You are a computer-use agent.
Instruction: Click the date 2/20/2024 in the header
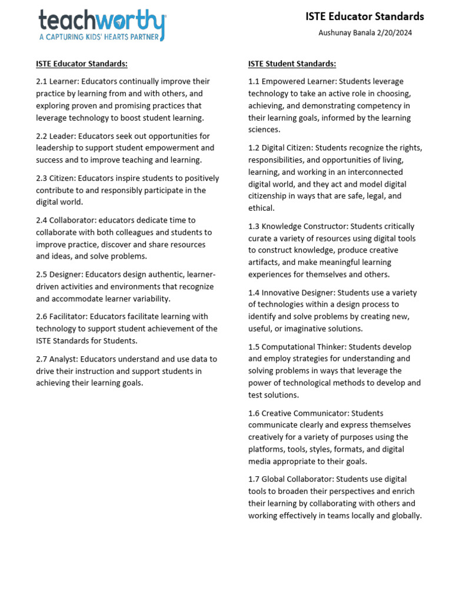pos(393,33)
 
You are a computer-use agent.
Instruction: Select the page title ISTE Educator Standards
pos(364,16)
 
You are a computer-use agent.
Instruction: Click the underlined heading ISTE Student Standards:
pos(292,64)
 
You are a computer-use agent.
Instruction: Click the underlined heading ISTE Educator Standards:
pos(81,64)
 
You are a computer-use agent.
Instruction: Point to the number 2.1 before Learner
pos(42,81)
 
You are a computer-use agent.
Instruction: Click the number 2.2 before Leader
pos(42,136)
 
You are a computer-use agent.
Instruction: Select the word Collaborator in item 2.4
pos(73,220)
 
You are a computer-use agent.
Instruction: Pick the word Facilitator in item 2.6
pos(71,317)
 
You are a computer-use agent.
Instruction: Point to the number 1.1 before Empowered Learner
pos(254,81)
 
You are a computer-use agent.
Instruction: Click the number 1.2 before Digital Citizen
pos(254,148)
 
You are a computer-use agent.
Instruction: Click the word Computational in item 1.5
pos(288,347)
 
